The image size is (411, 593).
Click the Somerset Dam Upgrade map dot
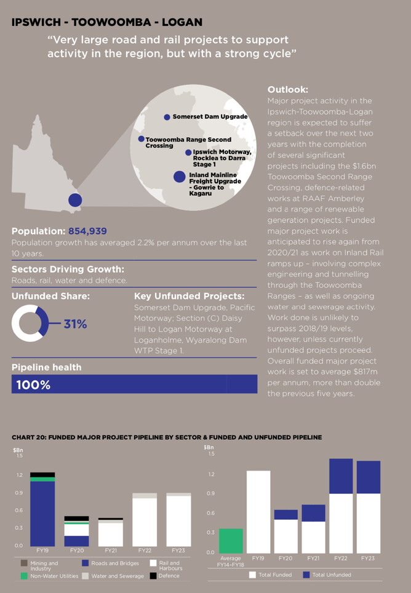167,117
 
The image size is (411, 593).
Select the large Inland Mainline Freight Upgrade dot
179,177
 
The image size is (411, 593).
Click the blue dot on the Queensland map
75,200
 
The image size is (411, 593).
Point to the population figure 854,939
87,231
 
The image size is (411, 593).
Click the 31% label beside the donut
75,324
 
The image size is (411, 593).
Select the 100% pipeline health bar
134,384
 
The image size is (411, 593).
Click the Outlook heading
287,90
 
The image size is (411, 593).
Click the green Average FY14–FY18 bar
231,541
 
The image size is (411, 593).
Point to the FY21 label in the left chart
111,551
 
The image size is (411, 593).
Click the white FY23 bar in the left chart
178,520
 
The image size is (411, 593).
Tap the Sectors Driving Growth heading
68,269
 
